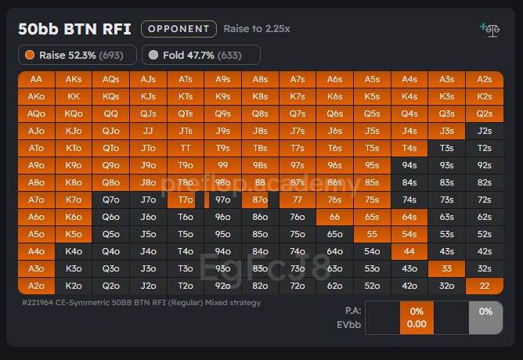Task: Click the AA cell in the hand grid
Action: pyautogui.click(x=36, y=79)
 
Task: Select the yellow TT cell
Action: pyautogui.click(x=186, y=148)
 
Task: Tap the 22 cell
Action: pyautogui.click(x=485, y=286)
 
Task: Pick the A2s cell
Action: pyautogui.click(x=485, y=79)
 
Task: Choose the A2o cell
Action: pyautogui.click(x=36, y=286)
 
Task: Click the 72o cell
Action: pyautogui.click(x=298, y=286)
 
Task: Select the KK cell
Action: pyautogui.click(x=74, y=96)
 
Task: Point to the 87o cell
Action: pyautogui.click(x=260, y=200)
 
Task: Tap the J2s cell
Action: pyautogui.click(x=485, y=131)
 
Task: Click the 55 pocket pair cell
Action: pyautogui.click(x=372, y=234)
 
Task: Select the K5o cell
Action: pyautogui.click(x=74, y=234)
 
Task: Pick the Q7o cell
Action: pyautogui.click(x=111, y=200)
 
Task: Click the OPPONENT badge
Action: pyautogui.click(x=179, y=29)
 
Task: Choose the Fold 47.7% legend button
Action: pyautogui.click(x=201, y=56)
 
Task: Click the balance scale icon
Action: pyautogui.click(x=491, y=29)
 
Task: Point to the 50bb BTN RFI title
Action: pyautogui.click(x=75, y=29)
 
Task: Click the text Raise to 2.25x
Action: pyautogui.click(x=257, y=29)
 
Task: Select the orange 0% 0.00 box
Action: pyautogui.click(x=417, y=318)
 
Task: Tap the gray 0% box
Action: pyautogui.click(x=485, y=318)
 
